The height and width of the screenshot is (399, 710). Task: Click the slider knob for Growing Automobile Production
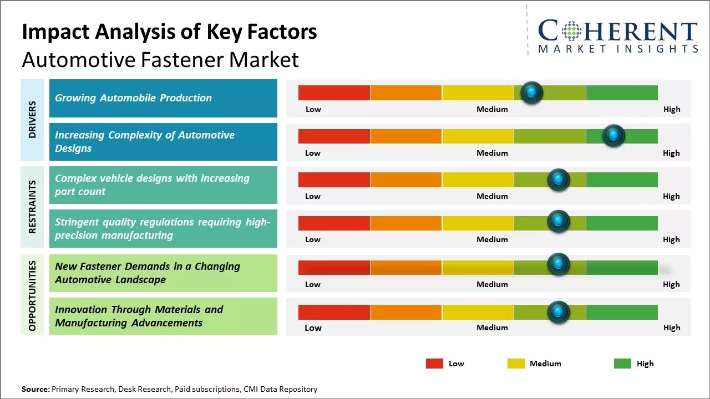532,93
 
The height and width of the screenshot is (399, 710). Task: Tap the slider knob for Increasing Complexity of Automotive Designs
613,136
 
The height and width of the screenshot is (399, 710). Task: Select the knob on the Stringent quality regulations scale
559,222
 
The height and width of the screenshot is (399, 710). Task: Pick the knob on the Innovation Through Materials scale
559,311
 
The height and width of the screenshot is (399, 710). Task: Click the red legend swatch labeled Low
434,364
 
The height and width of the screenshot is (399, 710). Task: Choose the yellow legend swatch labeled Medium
516,364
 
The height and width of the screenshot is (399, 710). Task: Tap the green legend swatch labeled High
622,364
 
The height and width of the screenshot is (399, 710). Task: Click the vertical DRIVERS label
32,120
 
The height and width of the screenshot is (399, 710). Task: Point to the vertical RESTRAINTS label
32,207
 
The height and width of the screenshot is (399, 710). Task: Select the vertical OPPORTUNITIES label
32,295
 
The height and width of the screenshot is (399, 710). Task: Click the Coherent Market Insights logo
617,36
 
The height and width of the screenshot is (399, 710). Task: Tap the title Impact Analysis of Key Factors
169,32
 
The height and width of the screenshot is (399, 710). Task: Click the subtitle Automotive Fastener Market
160,59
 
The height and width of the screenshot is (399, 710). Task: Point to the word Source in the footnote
35,389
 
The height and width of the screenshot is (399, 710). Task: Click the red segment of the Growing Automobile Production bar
334,93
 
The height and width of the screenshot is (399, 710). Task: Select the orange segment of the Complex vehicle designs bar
405,180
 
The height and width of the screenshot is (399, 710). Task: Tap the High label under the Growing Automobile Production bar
671,109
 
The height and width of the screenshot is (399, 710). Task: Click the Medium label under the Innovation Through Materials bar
492,328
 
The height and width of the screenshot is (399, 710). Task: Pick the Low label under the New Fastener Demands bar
313,284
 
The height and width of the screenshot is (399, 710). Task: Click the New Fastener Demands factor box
163,273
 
